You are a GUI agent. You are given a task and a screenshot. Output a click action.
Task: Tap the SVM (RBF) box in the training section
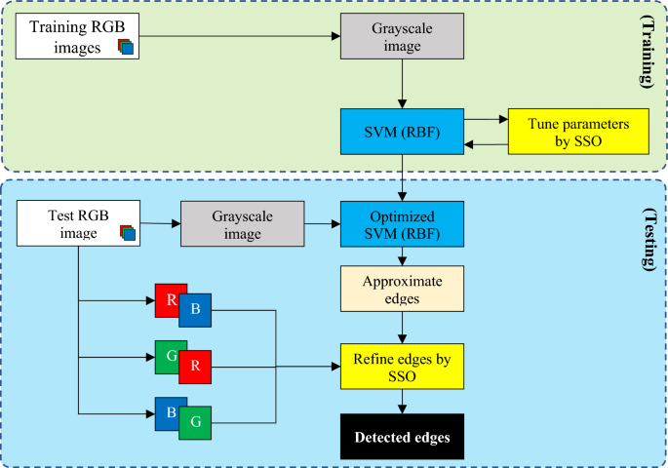(x=402, y=132)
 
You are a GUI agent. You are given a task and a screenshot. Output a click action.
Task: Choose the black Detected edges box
(x=402, y=438)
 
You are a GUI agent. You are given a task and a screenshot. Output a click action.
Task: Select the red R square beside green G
(x=195, y=368)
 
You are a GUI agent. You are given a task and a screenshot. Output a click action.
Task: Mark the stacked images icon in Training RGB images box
(x=126, y=47)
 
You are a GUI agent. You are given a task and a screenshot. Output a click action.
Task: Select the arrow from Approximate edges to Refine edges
(x=402, y=329)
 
